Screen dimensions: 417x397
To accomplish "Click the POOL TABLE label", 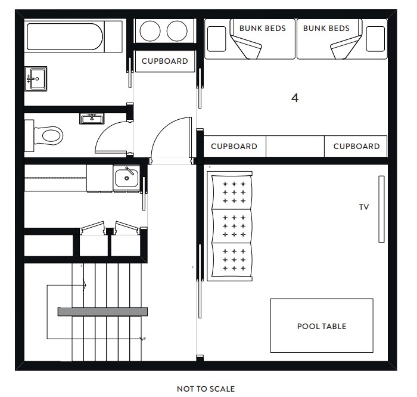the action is point(322,326).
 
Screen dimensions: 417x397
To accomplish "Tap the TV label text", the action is point(364,207).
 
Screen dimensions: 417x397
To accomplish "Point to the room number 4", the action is point(295,98).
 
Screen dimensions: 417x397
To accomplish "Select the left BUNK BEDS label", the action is point(262,28).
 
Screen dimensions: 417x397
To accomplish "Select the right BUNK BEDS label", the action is point(326,28).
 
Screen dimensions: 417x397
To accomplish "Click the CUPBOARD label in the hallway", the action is point(164,61).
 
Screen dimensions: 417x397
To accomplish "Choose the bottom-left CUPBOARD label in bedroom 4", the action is point(234,147).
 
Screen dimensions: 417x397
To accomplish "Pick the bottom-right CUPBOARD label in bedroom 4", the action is point(356,147).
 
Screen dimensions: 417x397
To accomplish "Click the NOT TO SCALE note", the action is point(206,389).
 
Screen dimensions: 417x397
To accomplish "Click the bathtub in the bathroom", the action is point(64,36).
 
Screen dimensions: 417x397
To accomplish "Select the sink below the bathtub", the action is point(36,79).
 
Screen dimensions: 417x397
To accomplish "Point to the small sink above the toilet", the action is point(92,119).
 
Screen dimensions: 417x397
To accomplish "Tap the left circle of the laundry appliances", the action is point(150,31).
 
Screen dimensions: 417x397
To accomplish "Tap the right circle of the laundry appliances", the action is point(177,31).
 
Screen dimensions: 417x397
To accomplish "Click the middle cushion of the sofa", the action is point(232,226).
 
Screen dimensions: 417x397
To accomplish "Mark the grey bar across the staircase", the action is point(102,312).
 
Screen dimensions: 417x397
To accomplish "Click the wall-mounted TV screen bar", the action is point(381,209).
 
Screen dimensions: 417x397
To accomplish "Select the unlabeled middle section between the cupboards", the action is point(295,146).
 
